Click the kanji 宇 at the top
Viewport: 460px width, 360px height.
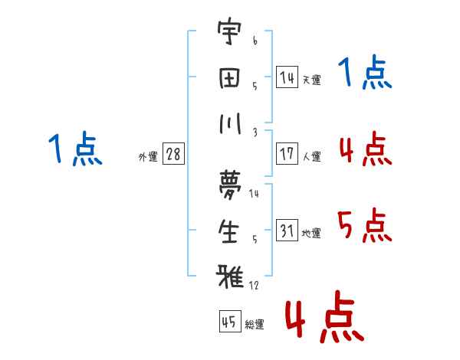tap(229, 35)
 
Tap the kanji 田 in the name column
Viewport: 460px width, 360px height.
tap(229, 78)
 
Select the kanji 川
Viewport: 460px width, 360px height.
tap(229, 123)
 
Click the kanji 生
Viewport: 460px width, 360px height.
tap(229, 232)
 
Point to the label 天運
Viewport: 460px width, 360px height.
tap(311, 80)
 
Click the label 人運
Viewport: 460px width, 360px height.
tap(311, 156)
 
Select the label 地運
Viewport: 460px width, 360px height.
tap(311, 233)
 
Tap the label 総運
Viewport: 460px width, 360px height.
tap(255, 325)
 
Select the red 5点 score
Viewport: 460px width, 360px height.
tap(364, 224)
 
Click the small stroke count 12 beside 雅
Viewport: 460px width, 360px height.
tap(254, 285)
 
